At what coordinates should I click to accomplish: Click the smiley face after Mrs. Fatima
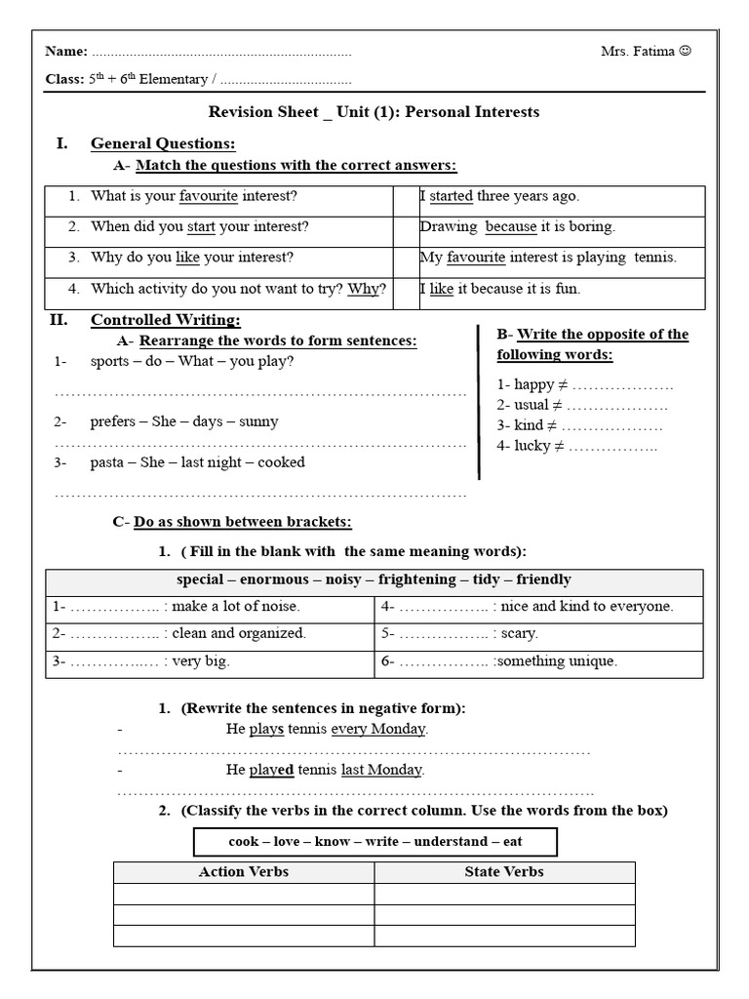(685, 52)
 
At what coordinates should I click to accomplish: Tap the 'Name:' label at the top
(65, 52)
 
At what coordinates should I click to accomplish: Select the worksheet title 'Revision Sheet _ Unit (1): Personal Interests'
(374, 112)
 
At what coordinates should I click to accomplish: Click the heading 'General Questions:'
(163, 144)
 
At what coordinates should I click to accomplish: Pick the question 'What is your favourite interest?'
(194, 196)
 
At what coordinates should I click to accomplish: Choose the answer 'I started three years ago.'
(499, 196)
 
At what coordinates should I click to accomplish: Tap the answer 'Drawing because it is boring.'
(517, 227)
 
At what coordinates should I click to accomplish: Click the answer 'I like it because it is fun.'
(499, 289)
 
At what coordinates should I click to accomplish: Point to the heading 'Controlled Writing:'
(165, 320)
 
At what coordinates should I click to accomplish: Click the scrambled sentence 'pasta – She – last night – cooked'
(197, 462)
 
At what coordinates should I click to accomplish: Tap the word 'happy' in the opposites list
(533, 384)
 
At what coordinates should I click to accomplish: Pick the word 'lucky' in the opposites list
(532, 446)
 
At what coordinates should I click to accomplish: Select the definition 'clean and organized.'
(239, 633)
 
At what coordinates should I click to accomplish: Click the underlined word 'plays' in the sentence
(266, 730)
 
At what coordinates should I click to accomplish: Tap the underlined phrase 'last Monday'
(383, 770)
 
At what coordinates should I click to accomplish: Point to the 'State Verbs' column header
(503, 872)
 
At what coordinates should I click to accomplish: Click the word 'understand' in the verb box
(451, 842)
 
